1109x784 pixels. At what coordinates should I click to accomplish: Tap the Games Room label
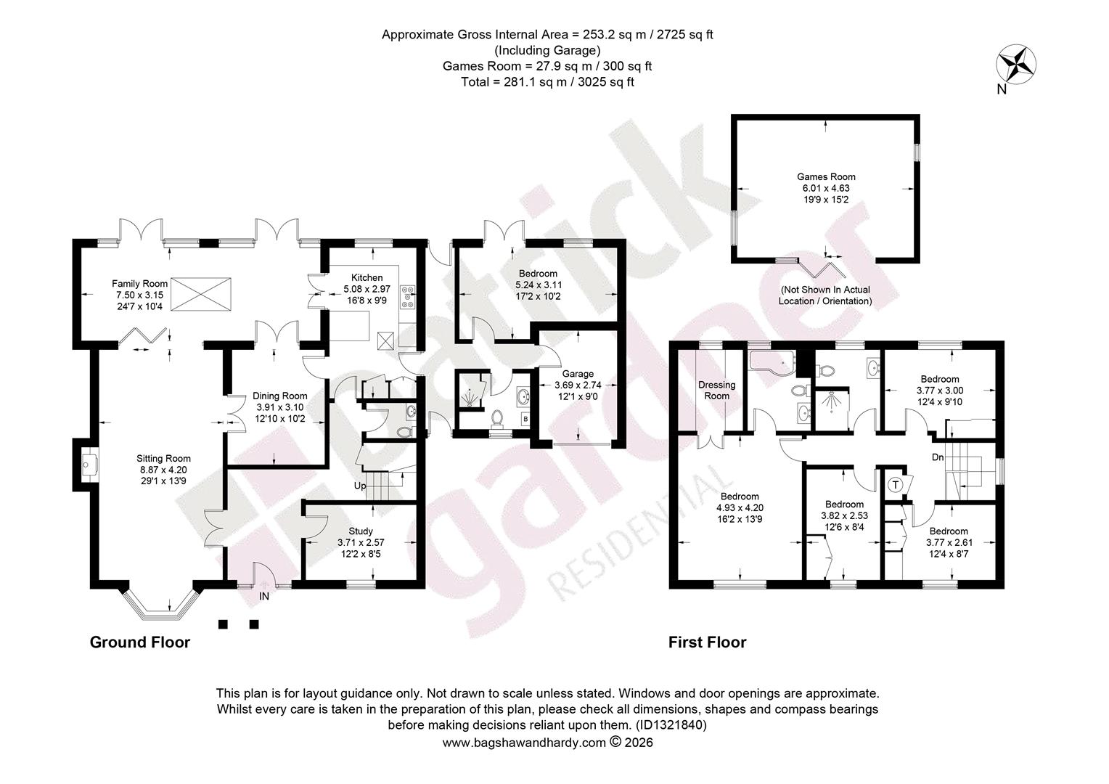pos(826,177)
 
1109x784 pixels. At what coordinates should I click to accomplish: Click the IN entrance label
pos(264,596)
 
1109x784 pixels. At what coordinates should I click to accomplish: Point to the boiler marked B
pos(525,419)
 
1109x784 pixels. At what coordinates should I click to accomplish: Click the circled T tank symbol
pos(895,484)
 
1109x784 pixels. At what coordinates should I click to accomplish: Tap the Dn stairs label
pos(938,457)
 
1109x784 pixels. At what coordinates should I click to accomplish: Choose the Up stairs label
pos(360,486)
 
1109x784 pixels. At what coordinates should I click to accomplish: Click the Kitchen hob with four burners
pos(408,296)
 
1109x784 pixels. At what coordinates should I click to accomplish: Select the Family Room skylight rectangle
pos(201,294)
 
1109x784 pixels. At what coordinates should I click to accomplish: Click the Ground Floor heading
pos(139,642)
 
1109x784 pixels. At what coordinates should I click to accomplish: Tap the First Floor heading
pos(708,642)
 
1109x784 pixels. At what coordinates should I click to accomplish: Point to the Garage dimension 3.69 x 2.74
pos(578,385)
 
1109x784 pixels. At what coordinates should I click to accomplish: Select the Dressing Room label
pos(716,391)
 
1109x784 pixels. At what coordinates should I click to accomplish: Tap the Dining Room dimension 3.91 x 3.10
pos(279,407)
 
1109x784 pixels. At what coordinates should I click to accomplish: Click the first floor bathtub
pos(773,361)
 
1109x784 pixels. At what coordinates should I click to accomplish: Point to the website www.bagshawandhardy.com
pos(524,743)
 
